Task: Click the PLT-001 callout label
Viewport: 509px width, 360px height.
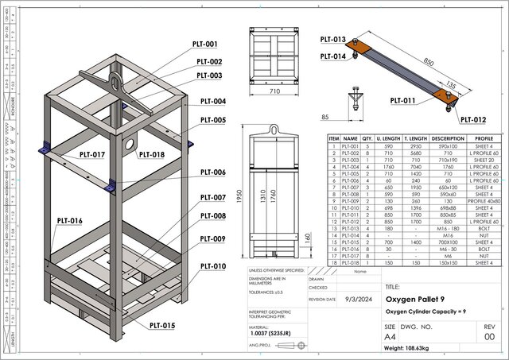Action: point(206,45)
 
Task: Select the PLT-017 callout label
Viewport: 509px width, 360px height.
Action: point(93,153)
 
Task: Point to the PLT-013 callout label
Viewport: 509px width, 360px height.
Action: point(332,39)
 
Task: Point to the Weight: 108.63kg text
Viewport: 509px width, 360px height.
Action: point(413,348)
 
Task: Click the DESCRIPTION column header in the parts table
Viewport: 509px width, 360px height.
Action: point(448,137)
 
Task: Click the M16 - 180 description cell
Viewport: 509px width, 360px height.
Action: point(448,228)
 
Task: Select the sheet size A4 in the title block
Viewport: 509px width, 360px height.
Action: point(392,336)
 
